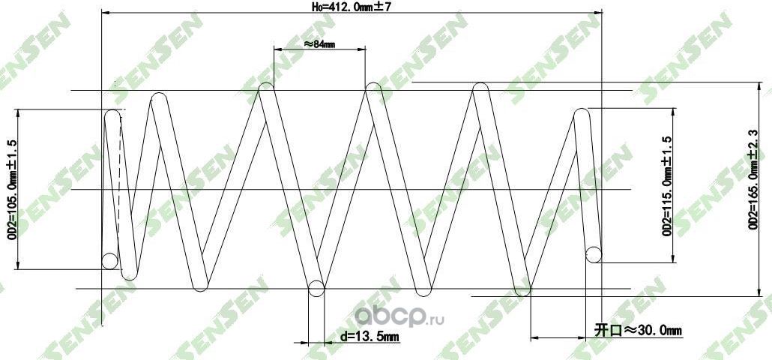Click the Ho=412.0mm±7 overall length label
352,7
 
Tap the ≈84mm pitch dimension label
319,44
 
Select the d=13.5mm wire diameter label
369,337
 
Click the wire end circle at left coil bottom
110,261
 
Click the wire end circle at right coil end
594,255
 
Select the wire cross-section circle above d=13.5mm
316,287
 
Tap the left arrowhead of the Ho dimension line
105,13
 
